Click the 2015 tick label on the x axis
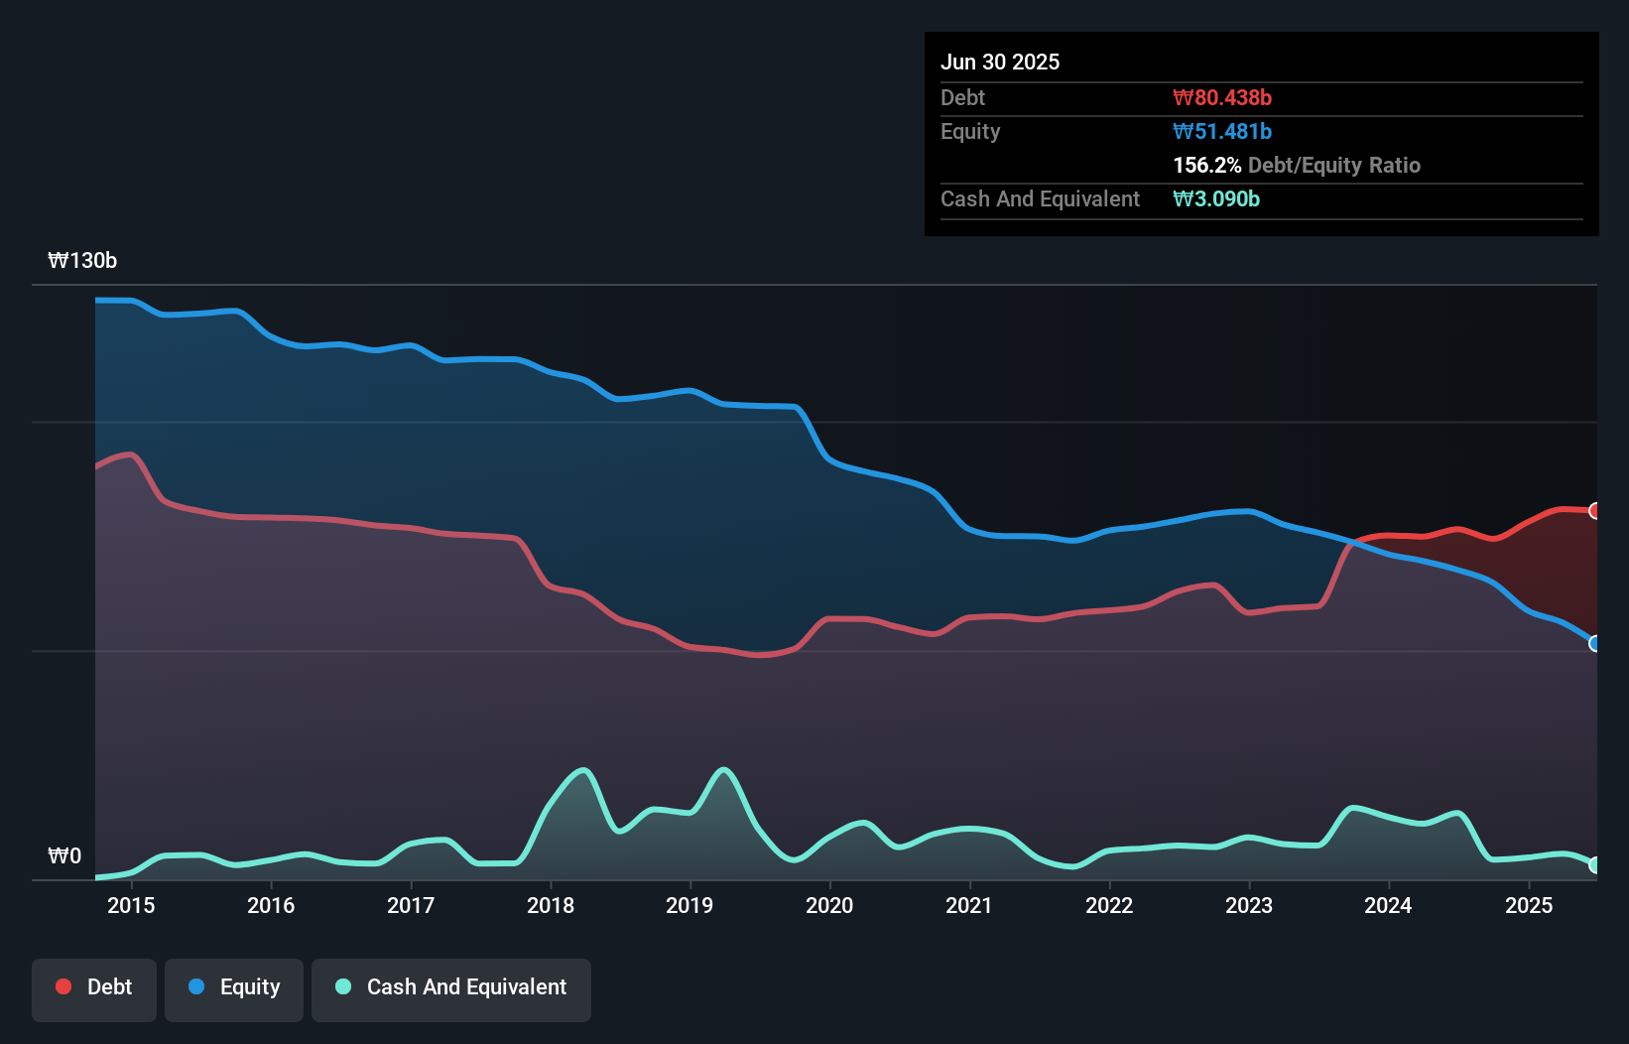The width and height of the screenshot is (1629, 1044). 131,905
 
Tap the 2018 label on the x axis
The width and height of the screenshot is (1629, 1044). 551,905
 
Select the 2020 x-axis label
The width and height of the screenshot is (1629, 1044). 829,905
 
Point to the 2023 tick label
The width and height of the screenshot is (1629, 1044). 1249,905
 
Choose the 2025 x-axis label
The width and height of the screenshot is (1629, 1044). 1529,905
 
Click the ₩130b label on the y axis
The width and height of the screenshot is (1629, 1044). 82,261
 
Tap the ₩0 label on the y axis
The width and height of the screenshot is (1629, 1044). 64,855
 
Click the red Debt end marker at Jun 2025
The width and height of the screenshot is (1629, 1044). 1595,511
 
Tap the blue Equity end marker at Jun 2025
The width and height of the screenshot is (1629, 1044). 1595,644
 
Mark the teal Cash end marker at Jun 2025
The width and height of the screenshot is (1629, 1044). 1595,865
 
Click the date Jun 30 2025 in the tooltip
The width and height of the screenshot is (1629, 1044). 1000,63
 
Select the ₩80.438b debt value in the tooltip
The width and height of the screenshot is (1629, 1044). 1222,98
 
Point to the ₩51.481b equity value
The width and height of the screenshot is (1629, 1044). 1222,132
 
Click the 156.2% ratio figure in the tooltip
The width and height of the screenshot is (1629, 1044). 1206,166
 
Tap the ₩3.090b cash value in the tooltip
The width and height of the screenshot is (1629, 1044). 1216,199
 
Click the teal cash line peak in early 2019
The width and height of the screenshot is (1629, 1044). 724,769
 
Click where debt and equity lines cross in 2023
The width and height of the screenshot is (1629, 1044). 1352,542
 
